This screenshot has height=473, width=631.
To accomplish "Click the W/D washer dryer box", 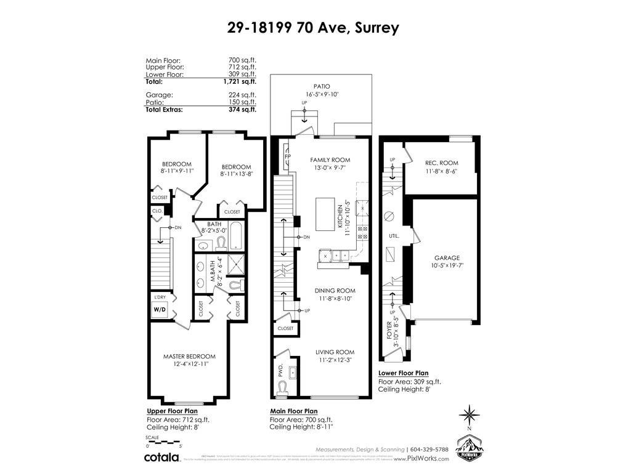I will click(160, 310).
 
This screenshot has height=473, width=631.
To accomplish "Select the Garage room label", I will click(446, 258).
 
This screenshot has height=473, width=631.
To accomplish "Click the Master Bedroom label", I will click(189, 356).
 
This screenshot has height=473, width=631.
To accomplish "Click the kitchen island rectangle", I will click(325, 212).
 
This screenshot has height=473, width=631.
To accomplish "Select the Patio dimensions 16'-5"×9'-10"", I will click(322, 94).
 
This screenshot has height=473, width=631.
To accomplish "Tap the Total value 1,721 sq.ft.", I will click(239, 81).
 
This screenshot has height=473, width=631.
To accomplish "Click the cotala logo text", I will click(161, 457).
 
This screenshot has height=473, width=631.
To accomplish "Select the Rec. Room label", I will click(441, 163).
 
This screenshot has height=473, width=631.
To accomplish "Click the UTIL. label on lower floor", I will click(394, 236).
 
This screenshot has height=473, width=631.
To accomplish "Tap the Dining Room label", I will click(335, 290).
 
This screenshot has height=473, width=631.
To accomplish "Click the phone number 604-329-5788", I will click(431, 449).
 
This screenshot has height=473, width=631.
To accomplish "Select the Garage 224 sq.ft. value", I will click(242, 95).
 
